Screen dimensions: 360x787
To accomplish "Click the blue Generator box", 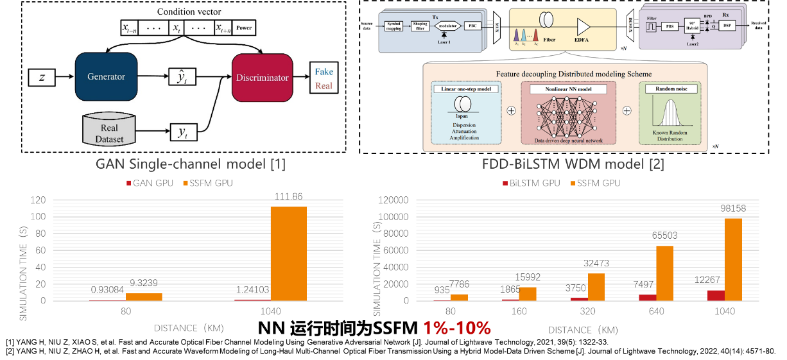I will tap(107, 76).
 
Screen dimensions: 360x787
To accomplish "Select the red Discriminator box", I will tap(262, 77).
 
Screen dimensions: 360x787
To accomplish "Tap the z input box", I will tap(42, 77).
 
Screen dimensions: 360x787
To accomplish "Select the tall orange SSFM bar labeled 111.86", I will tap(288, 253).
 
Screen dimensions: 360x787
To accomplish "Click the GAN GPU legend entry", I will tap(147, 184).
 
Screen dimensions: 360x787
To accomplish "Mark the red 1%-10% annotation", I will tap(456, 329).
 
